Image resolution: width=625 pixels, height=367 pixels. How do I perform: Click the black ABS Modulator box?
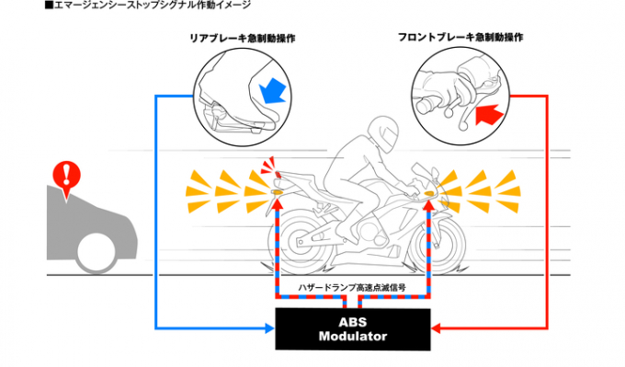point(353,329)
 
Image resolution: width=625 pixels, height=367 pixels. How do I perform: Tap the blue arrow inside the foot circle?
point(273,90)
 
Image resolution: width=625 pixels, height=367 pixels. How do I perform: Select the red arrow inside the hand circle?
point(490,113)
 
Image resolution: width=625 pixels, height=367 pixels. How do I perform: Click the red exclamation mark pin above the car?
point(66,178)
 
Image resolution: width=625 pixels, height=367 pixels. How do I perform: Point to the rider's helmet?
point(383,134)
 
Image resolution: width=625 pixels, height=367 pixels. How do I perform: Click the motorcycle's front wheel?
point(437,244)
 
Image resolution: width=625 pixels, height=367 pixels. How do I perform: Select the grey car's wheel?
point(97,253)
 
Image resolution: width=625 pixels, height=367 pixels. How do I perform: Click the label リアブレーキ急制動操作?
point(243,39)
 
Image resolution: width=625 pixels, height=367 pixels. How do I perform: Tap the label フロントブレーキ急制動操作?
point(460,37)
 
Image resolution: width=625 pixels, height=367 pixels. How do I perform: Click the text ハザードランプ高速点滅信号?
point(352,287)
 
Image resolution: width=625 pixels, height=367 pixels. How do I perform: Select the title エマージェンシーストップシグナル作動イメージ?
point(148,6)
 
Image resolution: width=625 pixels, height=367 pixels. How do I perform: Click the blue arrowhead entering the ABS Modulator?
point(270,328)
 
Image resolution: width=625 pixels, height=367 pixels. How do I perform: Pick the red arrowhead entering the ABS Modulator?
point(436,328)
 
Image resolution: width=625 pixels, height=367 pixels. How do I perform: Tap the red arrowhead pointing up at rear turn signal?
point(278,203)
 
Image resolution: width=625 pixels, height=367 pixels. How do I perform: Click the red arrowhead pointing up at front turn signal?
point(429,203)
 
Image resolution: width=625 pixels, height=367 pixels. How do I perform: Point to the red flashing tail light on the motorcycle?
point(278,175)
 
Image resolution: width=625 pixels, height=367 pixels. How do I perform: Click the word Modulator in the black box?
point(353,337)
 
